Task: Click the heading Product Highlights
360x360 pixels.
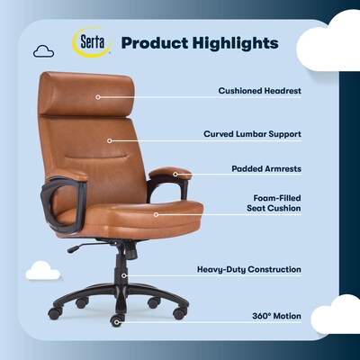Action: point(199,43)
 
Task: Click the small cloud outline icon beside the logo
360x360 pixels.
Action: point(43,51)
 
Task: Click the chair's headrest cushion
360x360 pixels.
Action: point(86,93)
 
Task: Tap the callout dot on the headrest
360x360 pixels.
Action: point(97,94)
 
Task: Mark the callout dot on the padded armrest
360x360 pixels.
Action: point(175,175)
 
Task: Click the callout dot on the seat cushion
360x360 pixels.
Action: point(156,215)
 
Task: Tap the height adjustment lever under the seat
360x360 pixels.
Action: point(81,246)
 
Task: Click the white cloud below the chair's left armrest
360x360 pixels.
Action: point(42,271)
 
